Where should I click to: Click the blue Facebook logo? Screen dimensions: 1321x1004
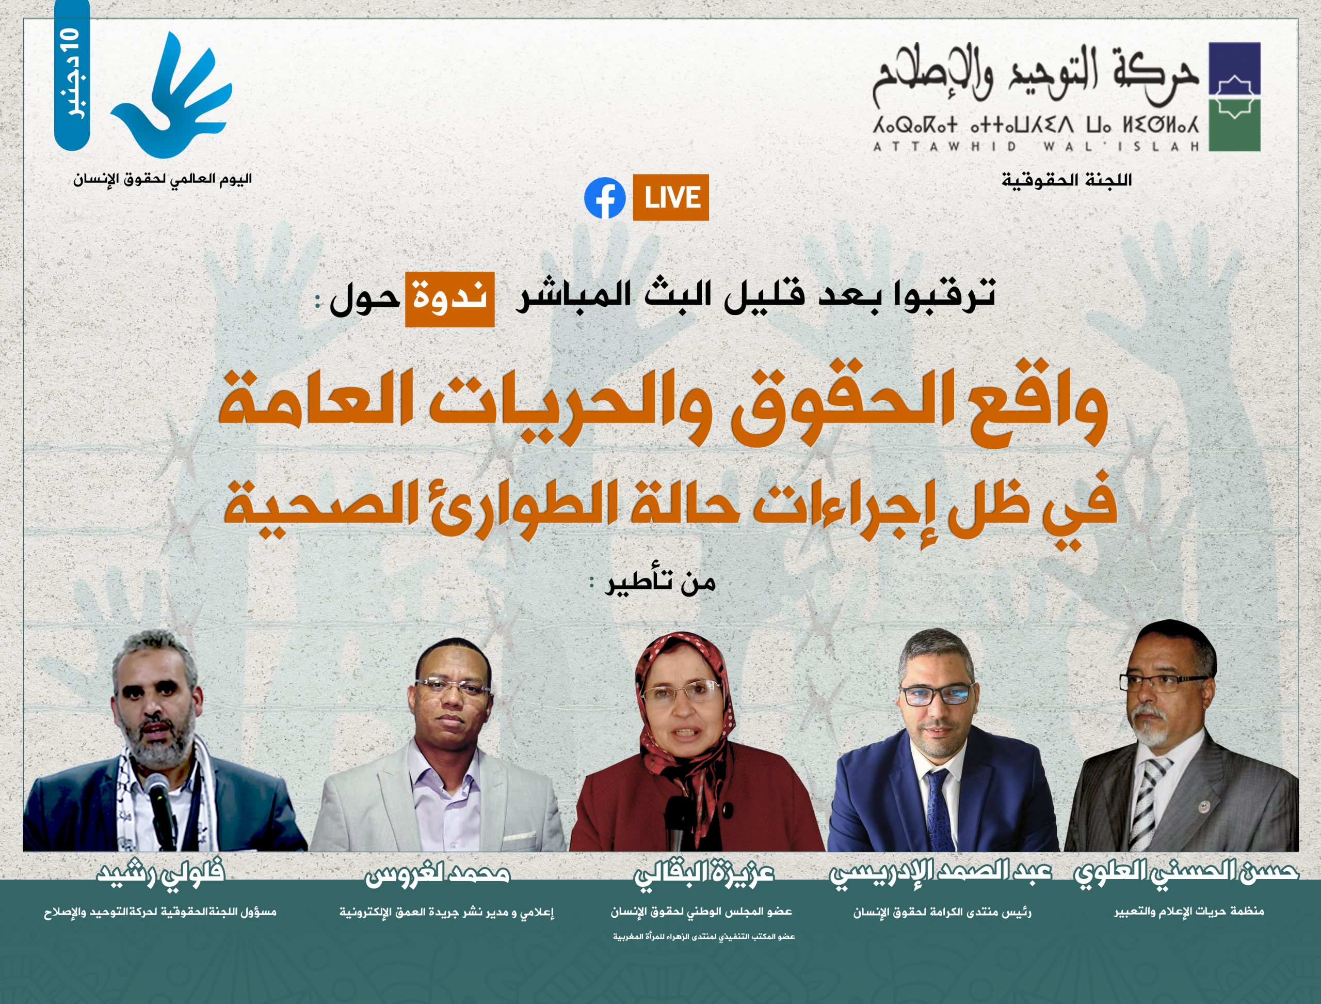pyautogui.click(x=605, y=198)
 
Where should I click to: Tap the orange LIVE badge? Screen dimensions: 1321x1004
pyautogui.click(x=671, y=198)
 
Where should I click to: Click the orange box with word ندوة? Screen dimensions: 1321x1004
pyautogui.click(x=449, y=299)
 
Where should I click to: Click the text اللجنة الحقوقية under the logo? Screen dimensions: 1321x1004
pyautogui.click(x=1067, y=180)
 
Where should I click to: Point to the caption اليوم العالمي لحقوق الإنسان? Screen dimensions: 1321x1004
pyautogui.click(x=163, y=179)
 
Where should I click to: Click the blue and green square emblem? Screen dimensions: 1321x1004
pyautogui.click(x=1235, y=97)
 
